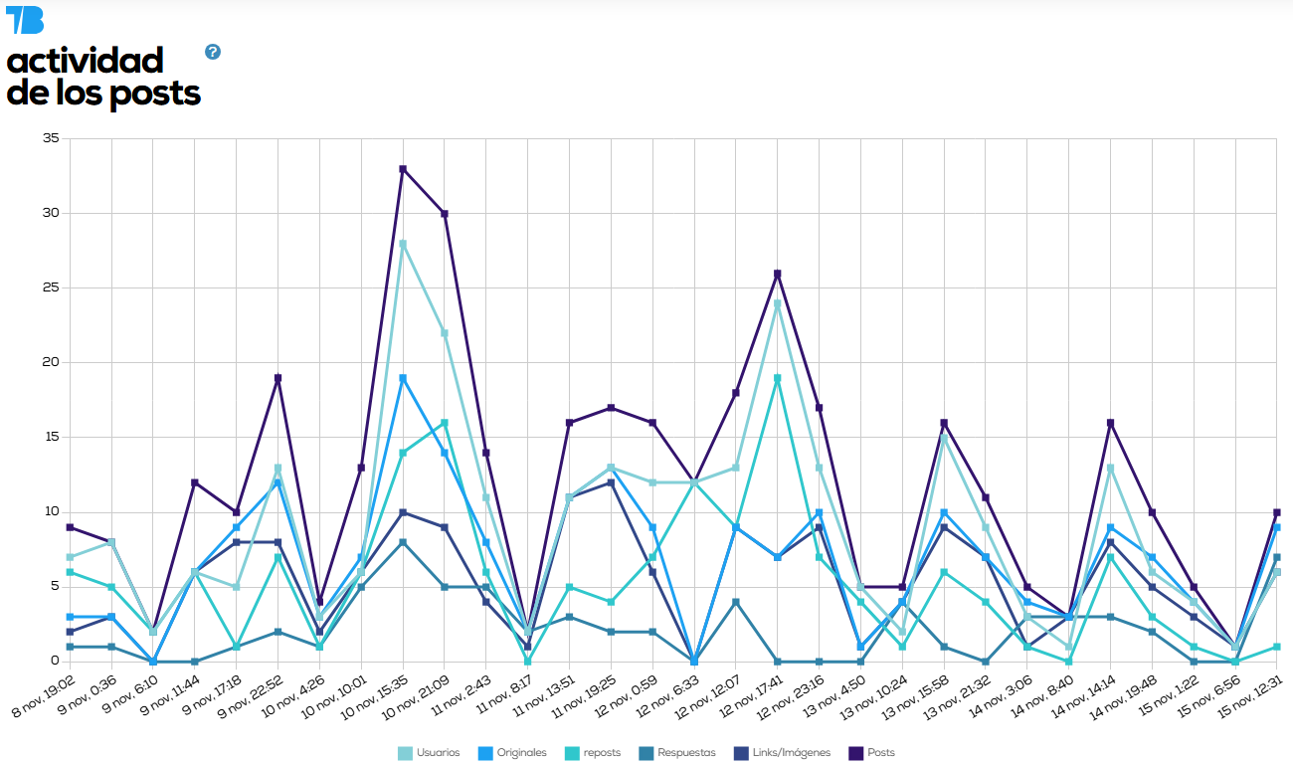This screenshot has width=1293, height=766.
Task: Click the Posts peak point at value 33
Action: (x=403, y=169)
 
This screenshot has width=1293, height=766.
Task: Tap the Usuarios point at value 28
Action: (x=403, y=244)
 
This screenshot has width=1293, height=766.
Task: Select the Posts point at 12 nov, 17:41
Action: (x=778, y=274)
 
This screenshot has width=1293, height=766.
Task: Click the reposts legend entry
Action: (x=594, y=753)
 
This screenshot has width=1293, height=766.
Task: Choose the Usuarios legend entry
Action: (x=430, y=753)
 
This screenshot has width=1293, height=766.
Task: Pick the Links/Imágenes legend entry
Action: (x=786, y=753)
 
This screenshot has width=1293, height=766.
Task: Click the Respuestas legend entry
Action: (x=678, y=753)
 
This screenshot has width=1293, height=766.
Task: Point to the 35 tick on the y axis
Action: (x=51, y=139)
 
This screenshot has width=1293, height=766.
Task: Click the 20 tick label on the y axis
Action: (x=51, y=363)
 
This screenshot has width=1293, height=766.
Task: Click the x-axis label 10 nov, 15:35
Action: (x=374, y=701)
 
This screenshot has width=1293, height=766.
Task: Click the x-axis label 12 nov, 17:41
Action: (x=749, y=701)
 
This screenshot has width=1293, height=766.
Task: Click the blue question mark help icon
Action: (x=213, y=52)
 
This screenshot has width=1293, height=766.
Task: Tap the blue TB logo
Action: (x=25, y=20)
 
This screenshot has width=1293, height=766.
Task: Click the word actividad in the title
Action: (x=85, y=61)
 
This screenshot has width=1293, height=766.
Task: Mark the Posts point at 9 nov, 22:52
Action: (x=277, y=378)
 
